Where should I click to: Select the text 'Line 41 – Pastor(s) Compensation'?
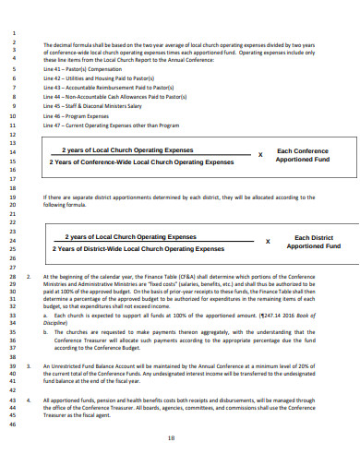click(84, 69)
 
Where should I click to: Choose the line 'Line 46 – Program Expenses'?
click(78, 115)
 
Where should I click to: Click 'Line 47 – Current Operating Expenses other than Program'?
click(114, 125)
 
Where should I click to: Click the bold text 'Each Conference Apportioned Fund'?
click(303, 155)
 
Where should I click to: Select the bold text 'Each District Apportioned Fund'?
click(313, 242)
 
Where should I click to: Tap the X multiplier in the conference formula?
click(260, 155)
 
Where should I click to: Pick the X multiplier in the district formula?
click(268, 242)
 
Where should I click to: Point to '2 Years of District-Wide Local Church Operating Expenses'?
click(138, 248)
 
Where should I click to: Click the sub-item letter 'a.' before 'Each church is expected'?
click(45, 315)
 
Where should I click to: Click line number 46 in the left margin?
click(13, 424)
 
